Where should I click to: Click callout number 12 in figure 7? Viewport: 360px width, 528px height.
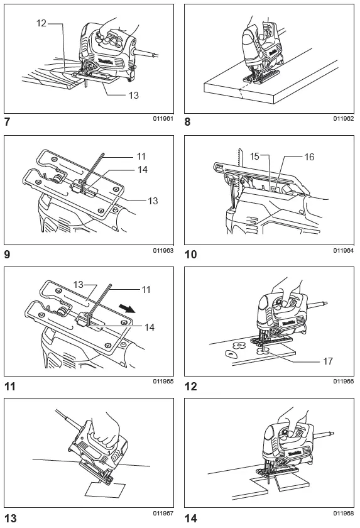click(x=42, y=24)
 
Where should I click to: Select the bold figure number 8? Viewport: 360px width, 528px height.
click(x=187, y=123)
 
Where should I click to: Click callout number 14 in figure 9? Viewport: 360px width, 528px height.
click(x=144, y=170)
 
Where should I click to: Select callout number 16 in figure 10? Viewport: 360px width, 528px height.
click(x=308, y=157)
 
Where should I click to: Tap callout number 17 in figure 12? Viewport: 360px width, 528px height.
click(x=327, y=361)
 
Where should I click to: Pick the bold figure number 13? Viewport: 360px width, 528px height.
click(x=11, y=517)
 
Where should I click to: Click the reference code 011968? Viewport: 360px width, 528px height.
click(x=344, y=512)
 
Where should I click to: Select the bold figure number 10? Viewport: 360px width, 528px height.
click(x=190, y=255)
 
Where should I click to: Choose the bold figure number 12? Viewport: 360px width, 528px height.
click(x=190, y=386)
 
